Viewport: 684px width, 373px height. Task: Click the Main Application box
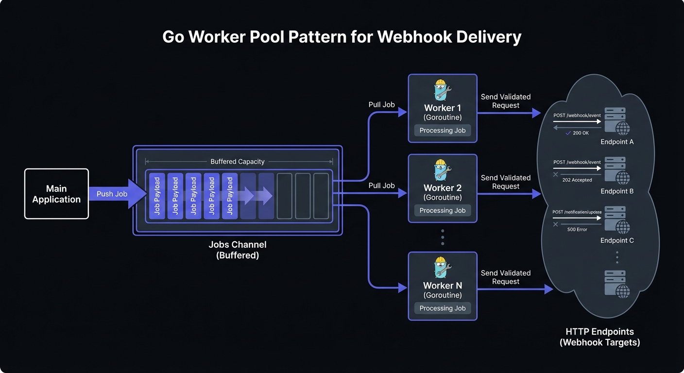click(56, 194)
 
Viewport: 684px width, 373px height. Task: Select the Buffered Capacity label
click(238, 162)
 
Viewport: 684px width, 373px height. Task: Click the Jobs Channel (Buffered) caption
click(238, 250)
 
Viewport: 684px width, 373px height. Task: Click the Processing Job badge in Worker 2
click(443, 210)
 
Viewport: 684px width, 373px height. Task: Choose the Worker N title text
click(443, 286)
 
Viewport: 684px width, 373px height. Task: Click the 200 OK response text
click(581, 133)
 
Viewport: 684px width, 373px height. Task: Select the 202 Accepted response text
click(577, 180)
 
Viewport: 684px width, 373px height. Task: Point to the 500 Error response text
click(577, 229)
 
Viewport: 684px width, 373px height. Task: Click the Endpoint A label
click(617, 142)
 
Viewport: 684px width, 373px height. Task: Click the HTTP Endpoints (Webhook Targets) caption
click(599, 337)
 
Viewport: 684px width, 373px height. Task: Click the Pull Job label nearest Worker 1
click(382, 104)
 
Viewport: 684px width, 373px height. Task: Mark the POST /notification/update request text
click(577, 212)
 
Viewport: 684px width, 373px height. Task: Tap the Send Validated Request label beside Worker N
click(506, 277)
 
